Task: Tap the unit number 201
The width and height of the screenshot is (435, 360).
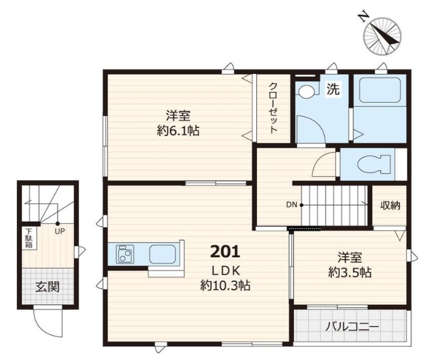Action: coord(225,251)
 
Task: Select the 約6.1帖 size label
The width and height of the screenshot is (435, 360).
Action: coord(178,130)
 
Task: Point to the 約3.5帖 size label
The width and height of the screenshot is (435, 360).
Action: coord(350,273)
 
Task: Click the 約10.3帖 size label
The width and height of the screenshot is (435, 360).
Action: coord(225,285)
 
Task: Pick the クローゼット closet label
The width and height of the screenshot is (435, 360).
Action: coord(273,108)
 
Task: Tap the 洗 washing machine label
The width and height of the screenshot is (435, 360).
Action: coord(333,89)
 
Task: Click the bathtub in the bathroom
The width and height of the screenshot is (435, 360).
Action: coord(379,90)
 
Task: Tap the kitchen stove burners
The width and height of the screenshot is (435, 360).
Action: coord(125,254)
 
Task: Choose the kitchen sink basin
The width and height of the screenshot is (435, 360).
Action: coord(162,254)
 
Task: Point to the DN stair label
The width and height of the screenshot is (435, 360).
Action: coord(291,205)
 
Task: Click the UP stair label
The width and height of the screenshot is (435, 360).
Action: coord(60,231)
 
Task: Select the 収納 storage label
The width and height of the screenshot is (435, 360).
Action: coord(390,205)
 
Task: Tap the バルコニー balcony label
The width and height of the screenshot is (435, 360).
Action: coord(352,327)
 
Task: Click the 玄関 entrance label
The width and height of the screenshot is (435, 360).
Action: coord(48,287)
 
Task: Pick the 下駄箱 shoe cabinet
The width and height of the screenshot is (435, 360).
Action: coord(29,238)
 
